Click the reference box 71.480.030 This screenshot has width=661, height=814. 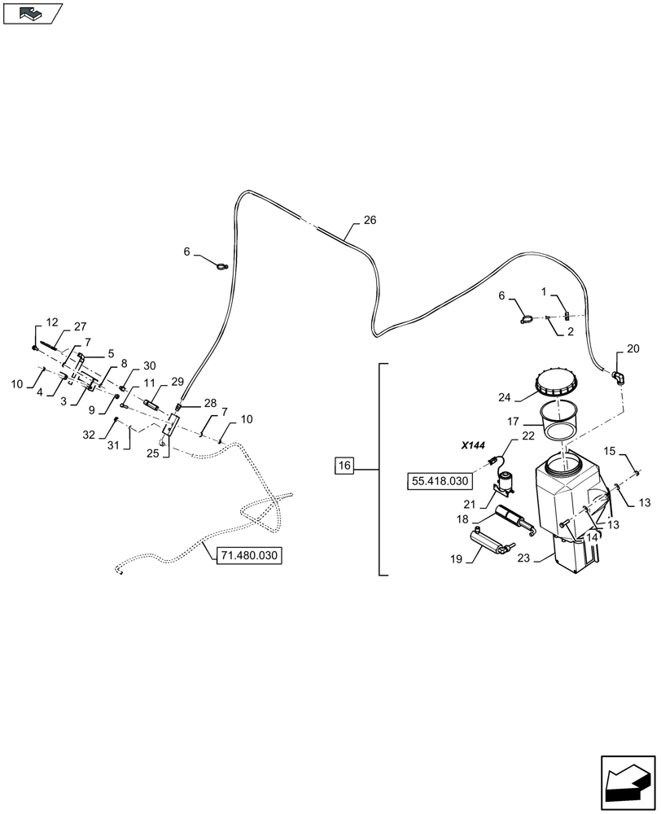[249, 556]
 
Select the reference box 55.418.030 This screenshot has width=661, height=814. [441, 481]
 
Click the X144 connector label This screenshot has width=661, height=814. [472, 445]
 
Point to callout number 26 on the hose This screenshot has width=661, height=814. [370, 221]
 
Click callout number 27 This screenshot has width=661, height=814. [80, 326]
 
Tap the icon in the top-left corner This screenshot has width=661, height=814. [33, 13]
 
